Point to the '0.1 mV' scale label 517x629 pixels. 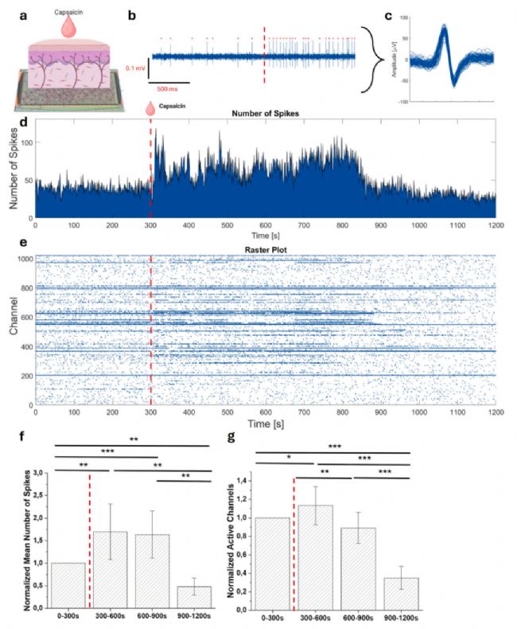(x=135, y=70)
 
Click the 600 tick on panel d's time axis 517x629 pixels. (x=265, y=226)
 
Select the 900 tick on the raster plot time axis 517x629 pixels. (x=380, y=413)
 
